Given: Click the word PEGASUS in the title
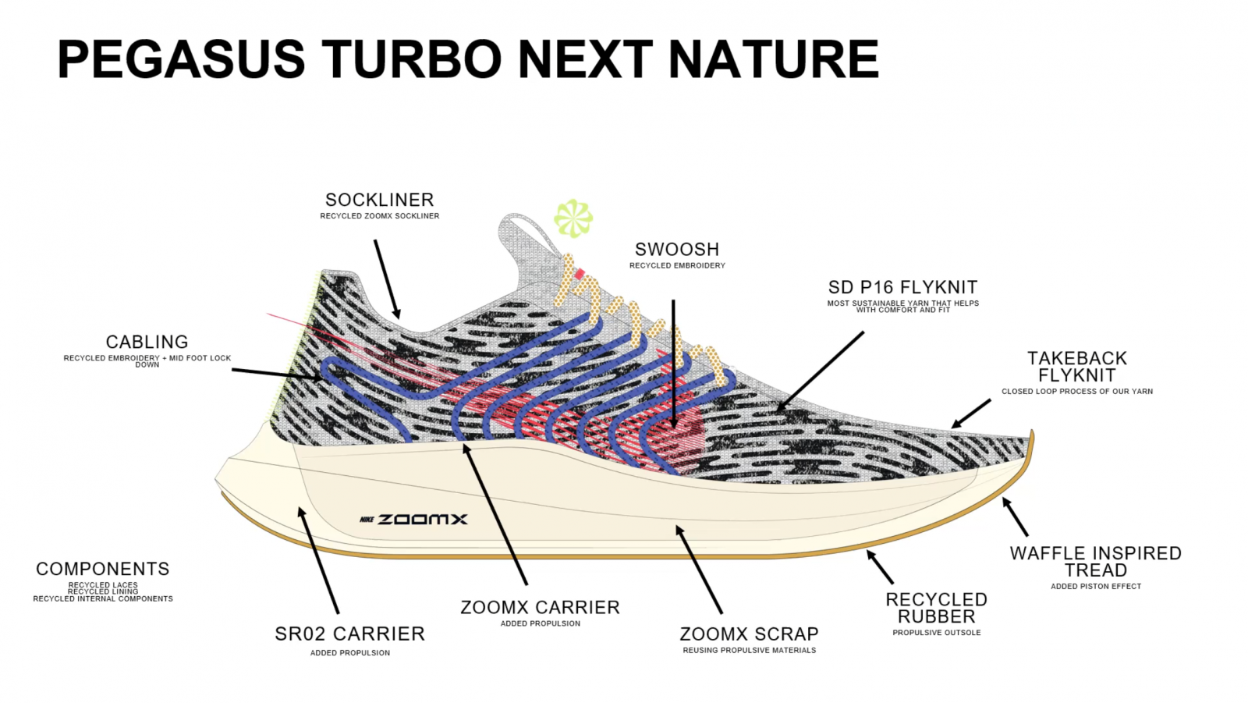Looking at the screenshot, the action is (181, 59).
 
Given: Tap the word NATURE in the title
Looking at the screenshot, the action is (773, 59).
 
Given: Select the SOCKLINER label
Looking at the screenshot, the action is (379, 200).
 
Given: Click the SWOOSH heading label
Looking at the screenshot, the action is (677, 249).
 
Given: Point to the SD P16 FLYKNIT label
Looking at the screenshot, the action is (902, 287).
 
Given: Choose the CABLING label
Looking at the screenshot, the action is (147, 342).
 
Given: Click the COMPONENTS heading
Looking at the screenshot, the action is (102, 569).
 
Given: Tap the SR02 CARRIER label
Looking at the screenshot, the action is (350, 634).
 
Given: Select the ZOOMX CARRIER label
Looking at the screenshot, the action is (540, 607).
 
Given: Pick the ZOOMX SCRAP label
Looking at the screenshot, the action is (749, 634).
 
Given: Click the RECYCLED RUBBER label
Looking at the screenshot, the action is (937, 608).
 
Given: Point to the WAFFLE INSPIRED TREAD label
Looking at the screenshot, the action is (1096, 562).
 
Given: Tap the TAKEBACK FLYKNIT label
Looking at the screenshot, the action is (1077, 366).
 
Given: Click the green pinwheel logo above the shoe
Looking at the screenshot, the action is (573, 218).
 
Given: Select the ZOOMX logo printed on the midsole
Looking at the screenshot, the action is (413, 520).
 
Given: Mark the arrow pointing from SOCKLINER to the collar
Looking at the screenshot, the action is (387, 279).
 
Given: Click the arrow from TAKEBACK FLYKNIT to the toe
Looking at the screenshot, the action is (971, 414).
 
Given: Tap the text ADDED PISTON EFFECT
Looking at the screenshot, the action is (1096, 587).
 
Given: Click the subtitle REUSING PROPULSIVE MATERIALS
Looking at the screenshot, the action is (750, 651).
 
